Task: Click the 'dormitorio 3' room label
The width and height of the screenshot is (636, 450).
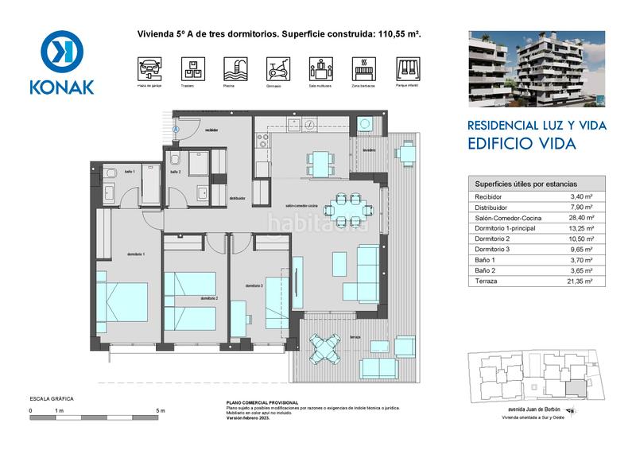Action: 254,286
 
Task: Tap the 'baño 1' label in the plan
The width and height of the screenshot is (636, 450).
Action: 130,172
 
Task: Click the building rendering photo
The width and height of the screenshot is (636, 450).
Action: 537,68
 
